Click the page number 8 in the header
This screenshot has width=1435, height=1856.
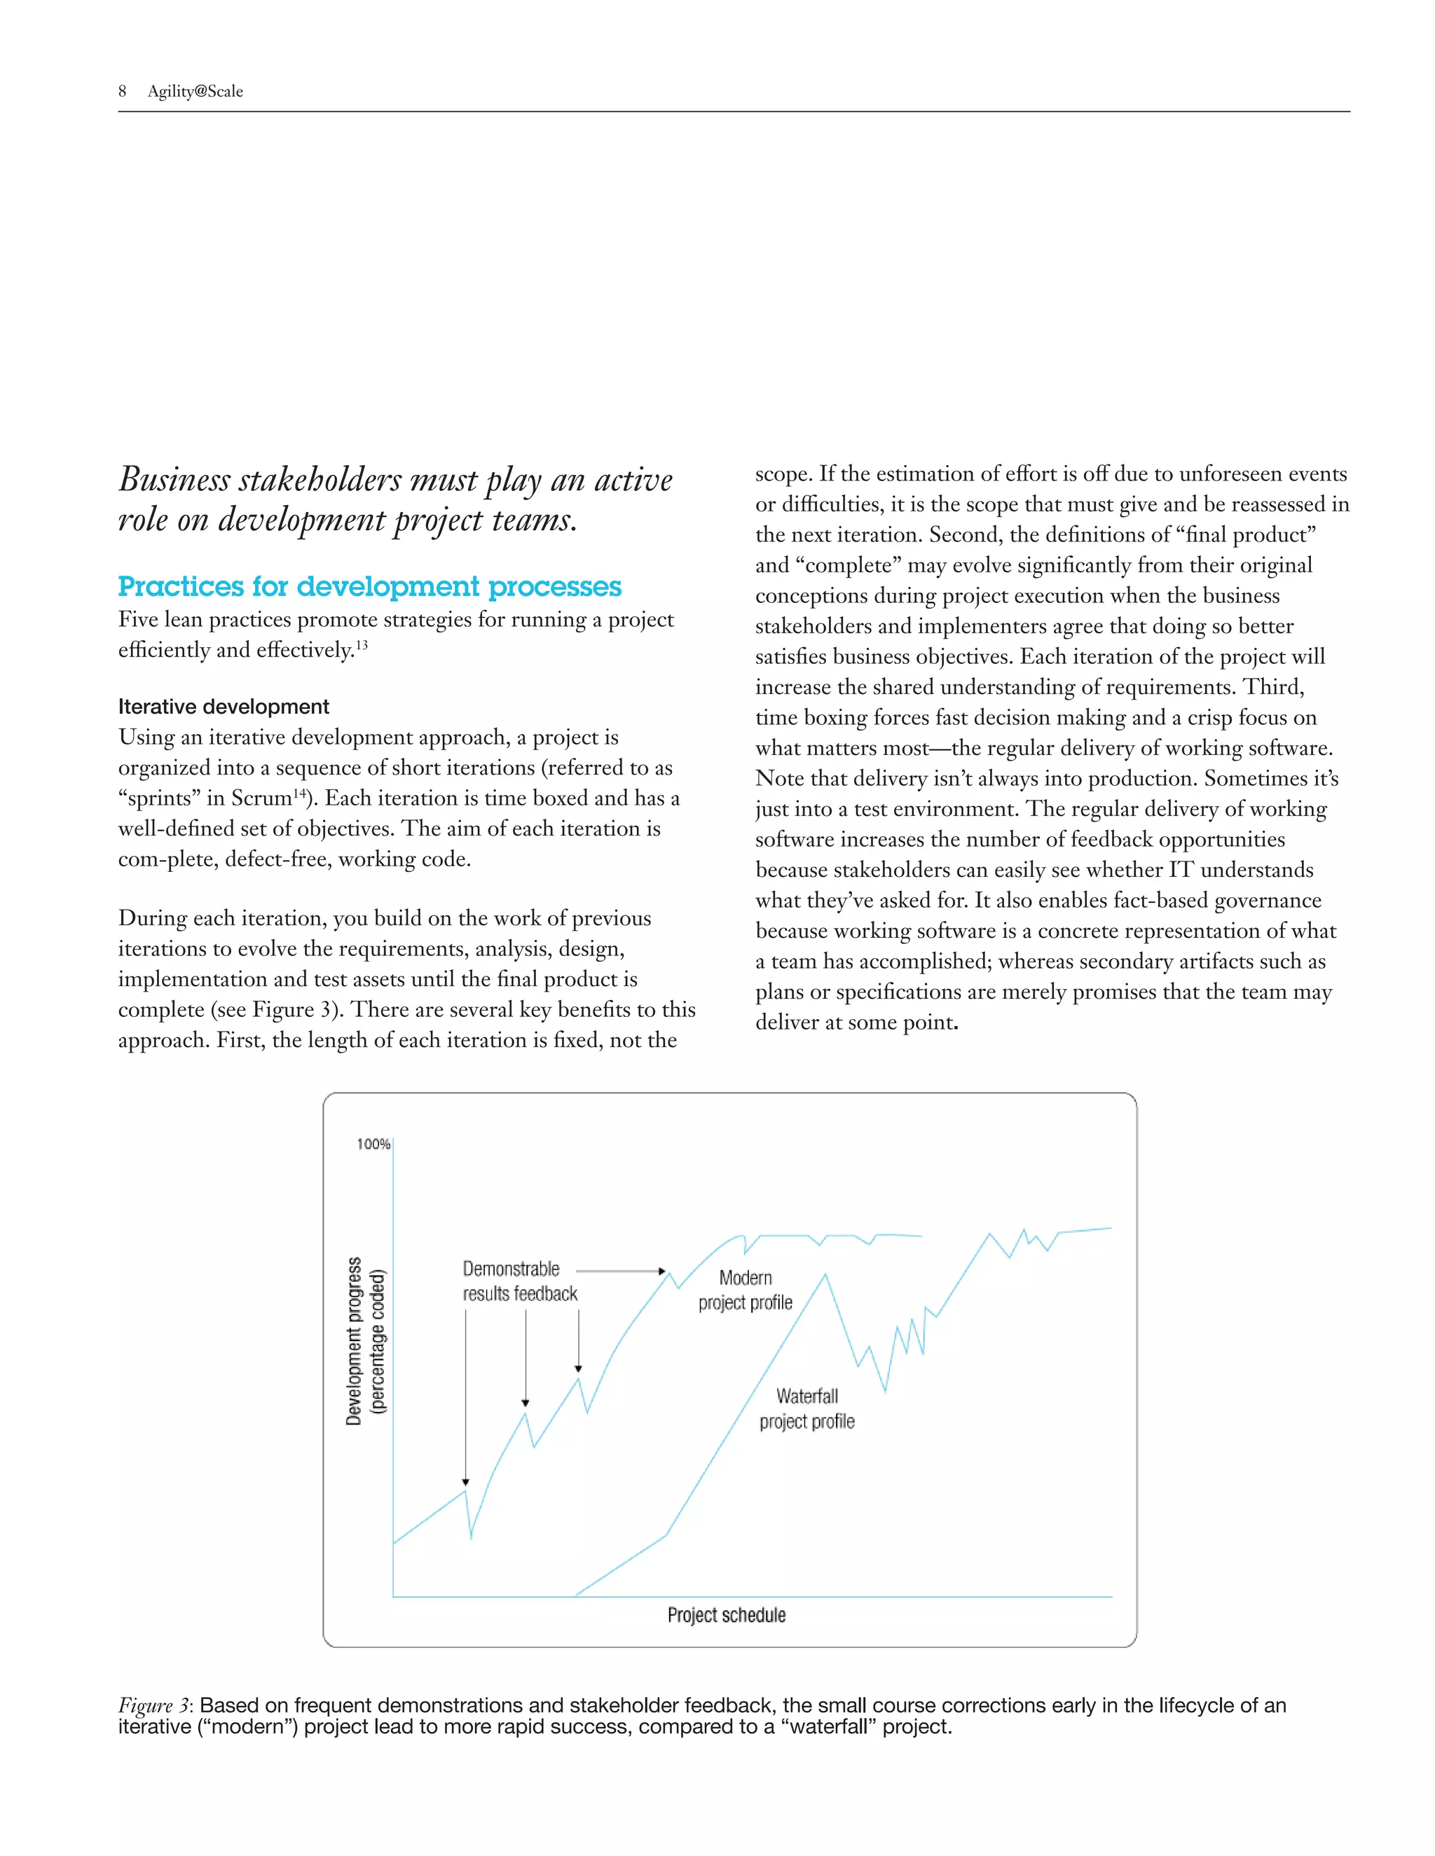(123, 92)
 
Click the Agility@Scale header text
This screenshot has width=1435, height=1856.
(195, 92)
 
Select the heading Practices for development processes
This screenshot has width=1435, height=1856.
(369, 586)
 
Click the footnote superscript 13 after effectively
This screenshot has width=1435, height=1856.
(362, 646)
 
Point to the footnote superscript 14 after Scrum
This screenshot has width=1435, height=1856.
(299, 794)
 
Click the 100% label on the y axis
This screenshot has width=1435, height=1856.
(373, 1144)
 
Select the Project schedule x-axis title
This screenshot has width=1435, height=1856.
(726, 1614)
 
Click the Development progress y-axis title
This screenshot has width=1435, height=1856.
(355, 1340)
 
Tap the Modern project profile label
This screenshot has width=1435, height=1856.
(745, 1290)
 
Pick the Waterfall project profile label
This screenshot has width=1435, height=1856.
(806, 1408)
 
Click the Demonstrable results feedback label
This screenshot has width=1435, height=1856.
(519, 1282)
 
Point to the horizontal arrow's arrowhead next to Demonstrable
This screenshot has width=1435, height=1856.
(662, 1271)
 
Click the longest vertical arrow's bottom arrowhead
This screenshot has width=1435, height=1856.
(466, 1482)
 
